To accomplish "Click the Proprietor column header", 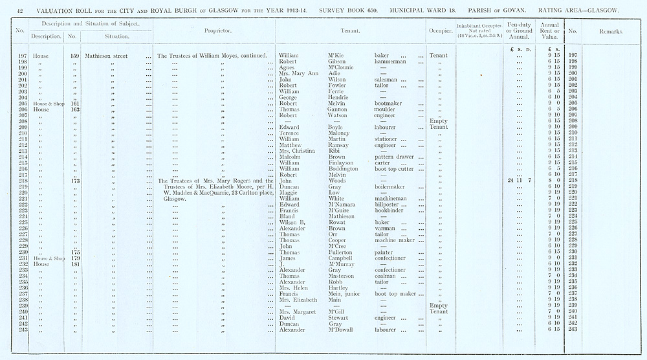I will coord(214,31).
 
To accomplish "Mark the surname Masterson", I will coord(343,276).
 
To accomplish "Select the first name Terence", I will coord(291,133).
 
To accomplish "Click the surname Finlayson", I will coord(343,163).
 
